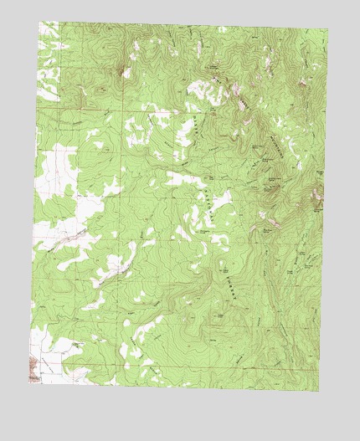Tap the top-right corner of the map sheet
click(327, 30)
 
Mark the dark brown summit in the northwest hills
click(125, 73)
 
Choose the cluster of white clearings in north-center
click(138, 130)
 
